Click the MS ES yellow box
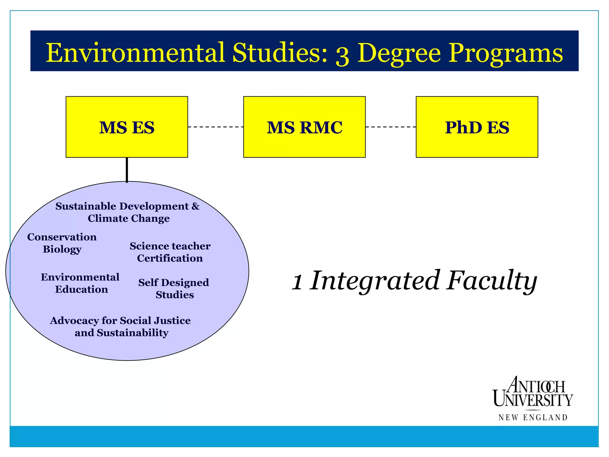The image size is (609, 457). (127, 127)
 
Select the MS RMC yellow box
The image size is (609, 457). (304, 127)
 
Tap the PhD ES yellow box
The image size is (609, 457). (477, 127)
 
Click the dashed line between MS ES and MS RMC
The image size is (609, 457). (216, 127)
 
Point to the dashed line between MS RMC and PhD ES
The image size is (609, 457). (390, 127)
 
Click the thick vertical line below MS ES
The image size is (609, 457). (127, 170)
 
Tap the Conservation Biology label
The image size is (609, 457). (62, 243)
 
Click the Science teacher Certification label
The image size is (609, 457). (170, 252)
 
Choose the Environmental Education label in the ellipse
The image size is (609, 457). (80, 283)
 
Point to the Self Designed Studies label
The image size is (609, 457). (174, 288)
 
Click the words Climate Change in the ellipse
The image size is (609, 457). (128, 219)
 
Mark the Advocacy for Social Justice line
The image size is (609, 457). (120, 321)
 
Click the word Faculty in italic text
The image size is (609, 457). (492, 281)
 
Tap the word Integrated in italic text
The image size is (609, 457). (375, 281)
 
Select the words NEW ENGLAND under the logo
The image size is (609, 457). (533, 418)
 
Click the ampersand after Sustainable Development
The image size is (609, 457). (195, 206)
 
